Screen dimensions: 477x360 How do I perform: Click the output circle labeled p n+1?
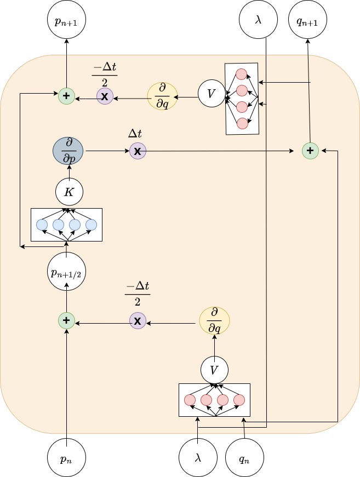(x=66, y=22)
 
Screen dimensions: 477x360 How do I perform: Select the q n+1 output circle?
(x=307, y=22)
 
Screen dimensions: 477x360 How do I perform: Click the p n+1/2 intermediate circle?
(x=66, y=271)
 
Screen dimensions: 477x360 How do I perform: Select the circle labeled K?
(x=68, y=192)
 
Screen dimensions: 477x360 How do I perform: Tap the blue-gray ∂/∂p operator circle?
(x=68, y=150)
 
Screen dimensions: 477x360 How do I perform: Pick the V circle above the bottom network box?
(x=214, y=370)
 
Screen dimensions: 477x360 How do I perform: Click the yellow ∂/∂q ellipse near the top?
(x=163, y=96)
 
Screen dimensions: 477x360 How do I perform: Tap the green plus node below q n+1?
(x=310, y=150)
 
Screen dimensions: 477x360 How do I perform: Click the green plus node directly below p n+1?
(x=66, y=96)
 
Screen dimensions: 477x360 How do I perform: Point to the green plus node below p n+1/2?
(x=66, y=320)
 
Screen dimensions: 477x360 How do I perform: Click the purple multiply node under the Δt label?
(x=138, y=150)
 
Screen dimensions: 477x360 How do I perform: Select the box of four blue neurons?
(x=67, y=225)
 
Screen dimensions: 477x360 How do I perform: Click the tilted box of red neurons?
(x=241, y=99)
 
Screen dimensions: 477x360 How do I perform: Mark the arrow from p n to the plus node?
(x=66, y=383)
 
